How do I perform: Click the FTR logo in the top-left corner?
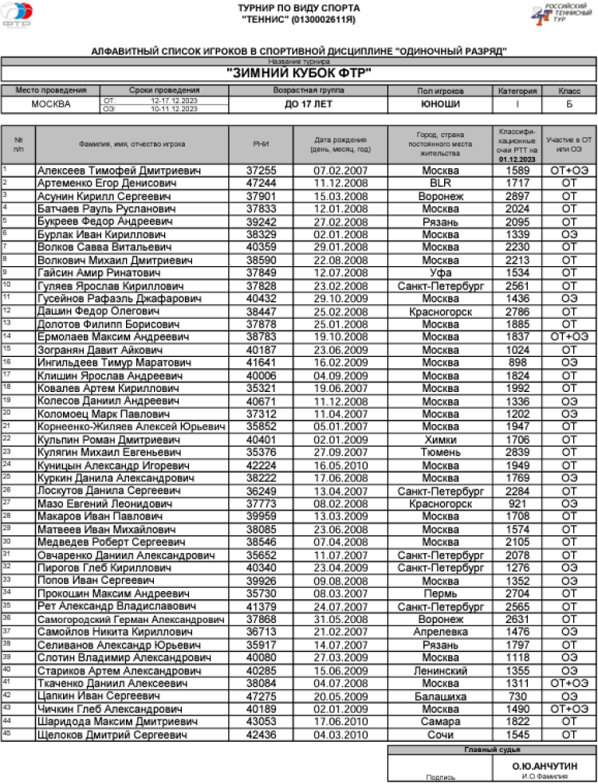pyautogui.click(x=18, y=17)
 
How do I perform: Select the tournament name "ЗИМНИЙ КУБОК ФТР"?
pyautogui.click(x=299, y=73)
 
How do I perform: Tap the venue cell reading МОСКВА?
pyautogui.click(x=50, y=104)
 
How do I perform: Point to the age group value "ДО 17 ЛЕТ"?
pyautogui.click(x=308, y=104)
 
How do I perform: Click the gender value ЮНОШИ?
pyautogui.click(x=440, y=104)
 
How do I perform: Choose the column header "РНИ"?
pyautogui.click(x=261, y=144)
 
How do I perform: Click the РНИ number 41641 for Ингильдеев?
pyautogui.click(x=261, y=363)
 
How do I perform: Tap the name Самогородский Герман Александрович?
pyautogui.click(x=131, y=619)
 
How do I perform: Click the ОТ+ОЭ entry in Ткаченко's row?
pyautogui.click(x=568, y=684)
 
